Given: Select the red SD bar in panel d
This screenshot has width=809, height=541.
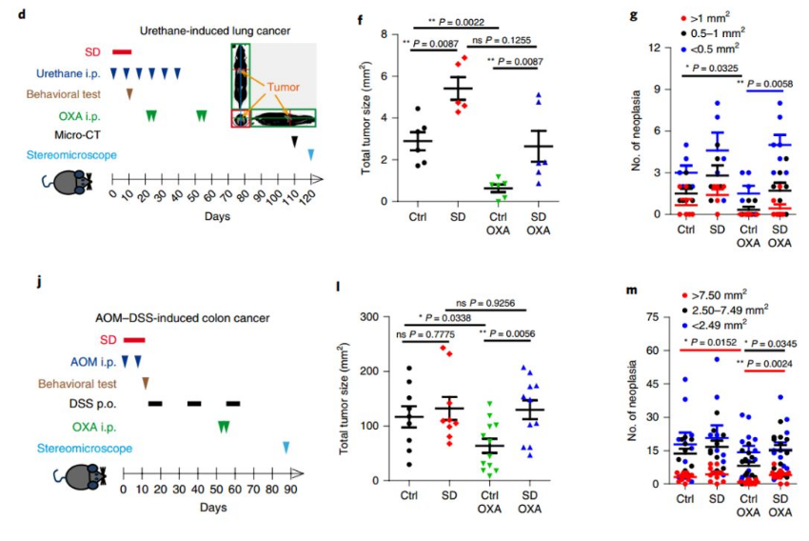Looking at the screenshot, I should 122,51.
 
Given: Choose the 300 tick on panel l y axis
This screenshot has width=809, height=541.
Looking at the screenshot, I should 372,317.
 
